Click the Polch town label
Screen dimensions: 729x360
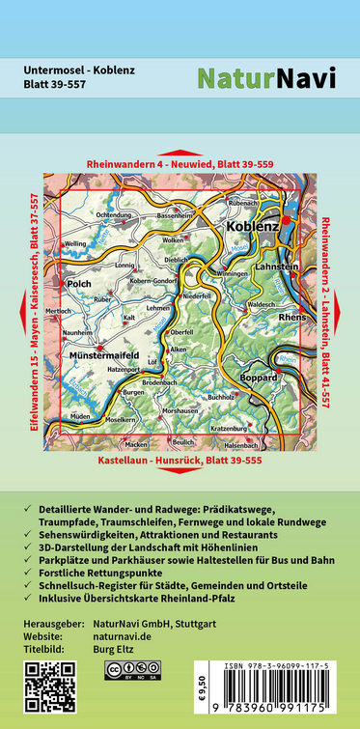pyautogui.click(x=78, y=285)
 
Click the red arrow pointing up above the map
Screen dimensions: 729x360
pyautogui.click(x=180, y=153)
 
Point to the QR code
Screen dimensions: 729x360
pyautogui.click(x=43, y=687)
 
